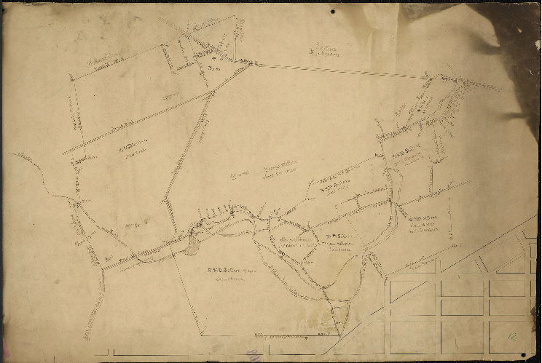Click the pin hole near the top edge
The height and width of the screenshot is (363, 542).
click(x=333, y=12)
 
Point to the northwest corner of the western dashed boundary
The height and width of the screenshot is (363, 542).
click(x=70, y=74)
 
